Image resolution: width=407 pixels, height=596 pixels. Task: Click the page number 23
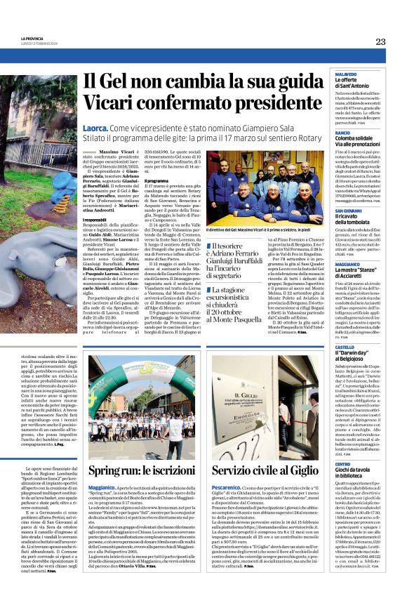pyautogui.click(x=380, y=41)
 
